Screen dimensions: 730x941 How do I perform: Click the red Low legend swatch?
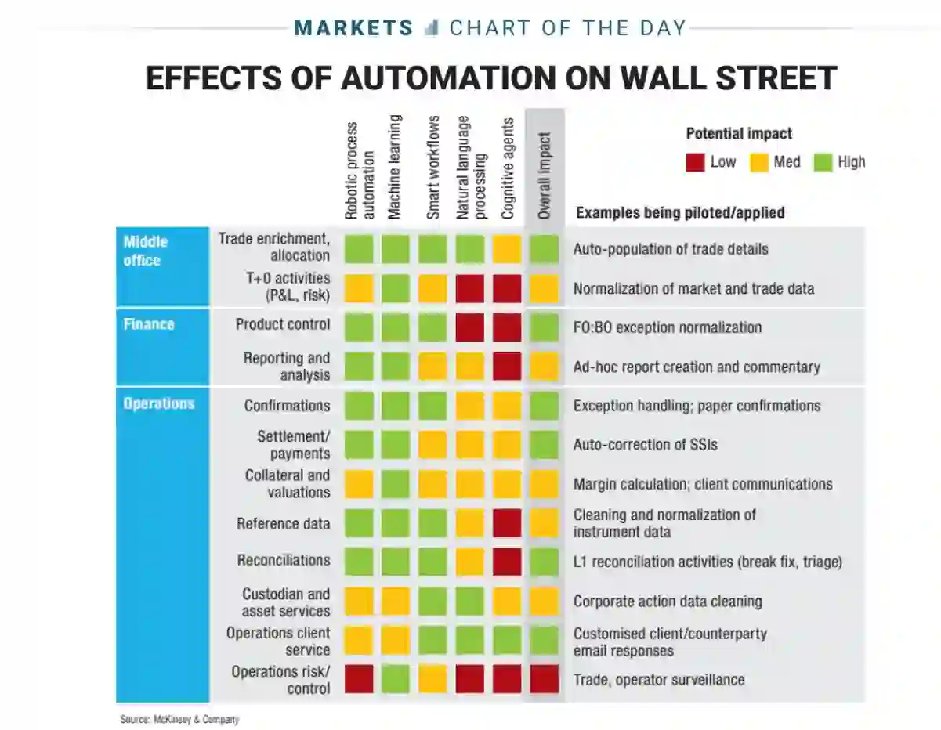[695, 162]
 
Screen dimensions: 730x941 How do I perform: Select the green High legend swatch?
[822, 162]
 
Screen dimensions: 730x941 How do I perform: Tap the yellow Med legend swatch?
[758, 162]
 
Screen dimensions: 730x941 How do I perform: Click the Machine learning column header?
[395, 168]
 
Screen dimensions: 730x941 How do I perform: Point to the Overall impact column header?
[545, 175]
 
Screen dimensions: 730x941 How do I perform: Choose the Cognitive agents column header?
[508, 169]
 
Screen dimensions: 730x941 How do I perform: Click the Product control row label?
[283, 324]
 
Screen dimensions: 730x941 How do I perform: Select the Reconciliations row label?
[284, 561]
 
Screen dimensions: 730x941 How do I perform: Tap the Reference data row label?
[284, 523]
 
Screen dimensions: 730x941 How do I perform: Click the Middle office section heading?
[146, 251]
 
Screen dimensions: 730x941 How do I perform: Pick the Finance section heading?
[149, 324]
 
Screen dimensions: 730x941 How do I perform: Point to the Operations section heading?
[158, 404]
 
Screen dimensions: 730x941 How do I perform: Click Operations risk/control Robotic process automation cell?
[358, 679]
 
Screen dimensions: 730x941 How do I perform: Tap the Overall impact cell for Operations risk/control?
[544, 679]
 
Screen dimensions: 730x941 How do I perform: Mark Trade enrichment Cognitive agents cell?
[507, 249]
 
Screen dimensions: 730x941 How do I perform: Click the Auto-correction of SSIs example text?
[645, 444]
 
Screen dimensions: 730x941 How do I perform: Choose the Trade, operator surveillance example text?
[658, 679]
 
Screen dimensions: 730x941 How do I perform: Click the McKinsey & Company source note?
[179, 719]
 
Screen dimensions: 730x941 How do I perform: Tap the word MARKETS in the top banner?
[353, 28]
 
